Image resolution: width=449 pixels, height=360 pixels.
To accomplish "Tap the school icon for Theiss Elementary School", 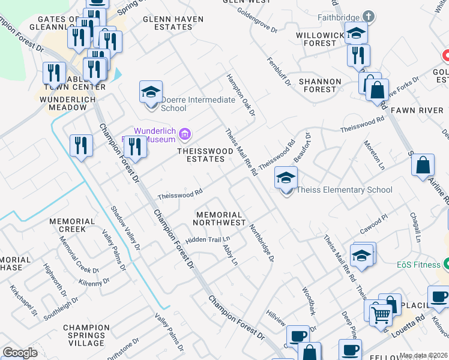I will tap(286, 178).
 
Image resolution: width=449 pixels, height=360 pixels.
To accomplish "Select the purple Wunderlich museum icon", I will tap(185, 133).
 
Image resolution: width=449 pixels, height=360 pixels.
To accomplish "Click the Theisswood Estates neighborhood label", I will tap(205, 155).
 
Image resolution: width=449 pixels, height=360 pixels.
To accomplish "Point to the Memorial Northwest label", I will tap(219, 218).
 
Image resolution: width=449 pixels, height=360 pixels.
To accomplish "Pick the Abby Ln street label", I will tap(231, 255).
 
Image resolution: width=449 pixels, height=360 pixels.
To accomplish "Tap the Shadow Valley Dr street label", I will tap(125, 229).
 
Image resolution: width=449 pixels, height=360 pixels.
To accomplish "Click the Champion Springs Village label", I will tap(86, 335).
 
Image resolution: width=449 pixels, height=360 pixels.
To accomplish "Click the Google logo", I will tap(19, 353).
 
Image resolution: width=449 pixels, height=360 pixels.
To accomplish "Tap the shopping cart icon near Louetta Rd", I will tap(381, 315).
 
